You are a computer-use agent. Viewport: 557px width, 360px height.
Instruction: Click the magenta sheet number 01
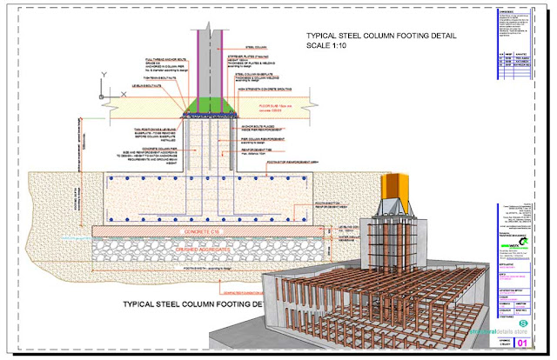click(x=521, y=343)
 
